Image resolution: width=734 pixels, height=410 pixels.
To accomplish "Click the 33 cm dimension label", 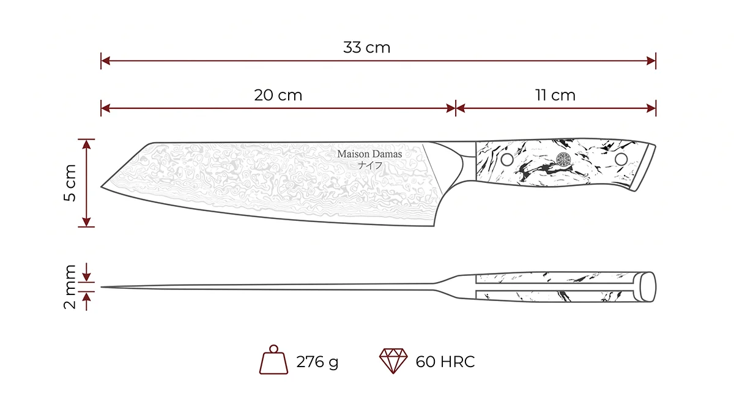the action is coord(366,48).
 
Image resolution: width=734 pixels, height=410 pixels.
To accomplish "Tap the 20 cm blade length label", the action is coord(278,95).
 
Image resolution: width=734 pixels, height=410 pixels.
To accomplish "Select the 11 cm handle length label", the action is coord(555,95).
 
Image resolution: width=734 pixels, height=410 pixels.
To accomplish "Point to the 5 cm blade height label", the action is coord(70,183).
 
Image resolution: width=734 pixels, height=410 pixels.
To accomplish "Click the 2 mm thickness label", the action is coord(70,287).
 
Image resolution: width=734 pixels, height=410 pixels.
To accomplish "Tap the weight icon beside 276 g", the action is coord(273,360).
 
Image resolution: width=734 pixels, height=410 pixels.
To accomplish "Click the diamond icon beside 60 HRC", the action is coord(393,361).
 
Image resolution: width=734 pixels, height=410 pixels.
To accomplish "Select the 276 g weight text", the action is coord(317,362).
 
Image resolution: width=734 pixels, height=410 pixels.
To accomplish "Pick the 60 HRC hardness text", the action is coord(445,362).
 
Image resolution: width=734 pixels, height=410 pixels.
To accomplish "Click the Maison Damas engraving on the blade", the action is coord(369,154).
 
